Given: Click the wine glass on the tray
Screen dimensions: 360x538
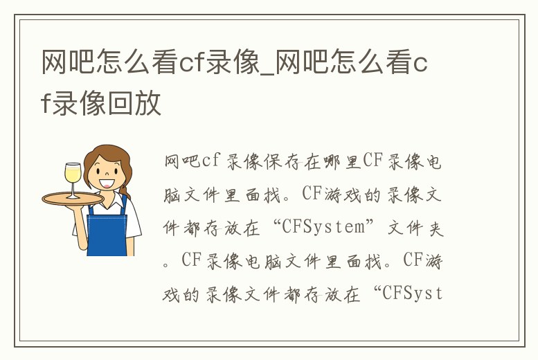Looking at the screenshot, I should coord(73,176).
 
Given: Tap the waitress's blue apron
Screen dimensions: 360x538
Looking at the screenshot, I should coord(107,228).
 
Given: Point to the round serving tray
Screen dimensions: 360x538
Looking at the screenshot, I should coord(73,199).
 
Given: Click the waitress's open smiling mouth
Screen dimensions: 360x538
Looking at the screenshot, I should coord(107,183).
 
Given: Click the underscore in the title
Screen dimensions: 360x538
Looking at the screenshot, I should coord(267,75).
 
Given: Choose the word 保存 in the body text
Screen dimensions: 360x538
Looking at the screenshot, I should coord(271,163).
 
